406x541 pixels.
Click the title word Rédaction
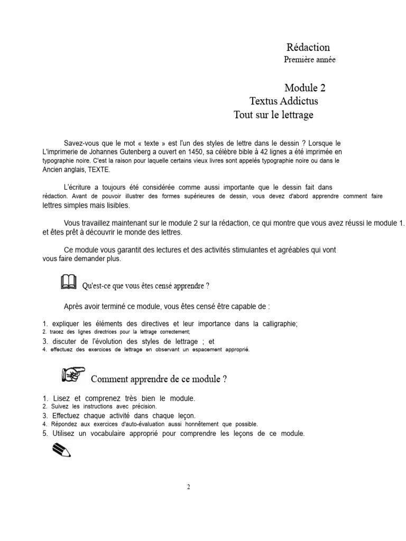pyautogui.click(x=308, y=48)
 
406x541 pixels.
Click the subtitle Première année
pyautogui.click(x=309, y=60)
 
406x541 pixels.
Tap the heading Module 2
pyautogui.click(x=309, y=88)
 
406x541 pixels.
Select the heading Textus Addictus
pyautogui.click(x=283, y=101)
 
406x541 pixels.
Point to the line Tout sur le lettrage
pyautogui.click(x=273, y=115)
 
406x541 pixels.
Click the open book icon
pyautogui.click(x=69, y=283)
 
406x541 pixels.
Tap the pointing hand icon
pyautogui.click(x=73, y=375)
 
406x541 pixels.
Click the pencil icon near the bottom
pyautogui.click(x=62, y=450)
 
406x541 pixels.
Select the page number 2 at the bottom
pyautogui.click(x=188, y=487)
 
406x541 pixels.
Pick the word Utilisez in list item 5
pyautogui.click(x=66, y=434)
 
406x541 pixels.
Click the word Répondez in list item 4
pyautogui.click(x=64, y=424)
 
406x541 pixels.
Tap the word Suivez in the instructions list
pyautogui.click(x=60, y=406)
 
